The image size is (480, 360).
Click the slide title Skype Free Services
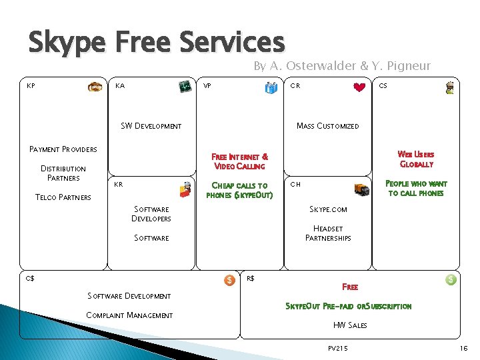pyautogui.click(x=156, y=41)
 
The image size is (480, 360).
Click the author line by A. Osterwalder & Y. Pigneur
pyautogui.click(x=341, y=66)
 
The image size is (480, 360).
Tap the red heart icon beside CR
pyautogui.click(x=359, y=87)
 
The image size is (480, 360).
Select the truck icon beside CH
pyautogui.click(x=362, y=189)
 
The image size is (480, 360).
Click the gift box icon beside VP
pyautogui.click(x=271, y=88)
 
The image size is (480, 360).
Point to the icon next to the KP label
pyautogui.click(x=97, y=87)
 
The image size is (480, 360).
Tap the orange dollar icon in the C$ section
pyautogui.click(x=229, y=281)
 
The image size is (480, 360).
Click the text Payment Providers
pyautogui.click(x=63, y=149)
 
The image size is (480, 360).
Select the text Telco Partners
pyautogui.click(x=64, y=197)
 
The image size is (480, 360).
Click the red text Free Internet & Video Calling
pyautogui.click(x=239, y=161)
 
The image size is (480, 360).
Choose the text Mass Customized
pyautogui.click(x=327, y=126)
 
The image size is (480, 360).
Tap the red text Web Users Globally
pyautogui.click(x=416, y=159)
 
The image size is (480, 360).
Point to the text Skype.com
pyautogui.click(x=328, y=209)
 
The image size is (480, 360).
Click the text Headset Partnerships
pyautogui.click(x=328, y=233)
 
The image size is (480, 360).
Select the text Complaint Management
pyautogui.click(x=129, y=315)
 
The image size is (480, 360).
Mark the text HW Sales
pyautogui.click(x=349, y=325)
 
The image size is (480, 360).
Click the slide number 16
pyautogui.click(x=464, y=349)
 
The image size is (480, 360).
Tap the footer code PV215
pyautogui.click(x=339, y=349)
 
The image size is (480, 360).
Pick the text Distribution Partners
pyautogui.click(x=63, y=173)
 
